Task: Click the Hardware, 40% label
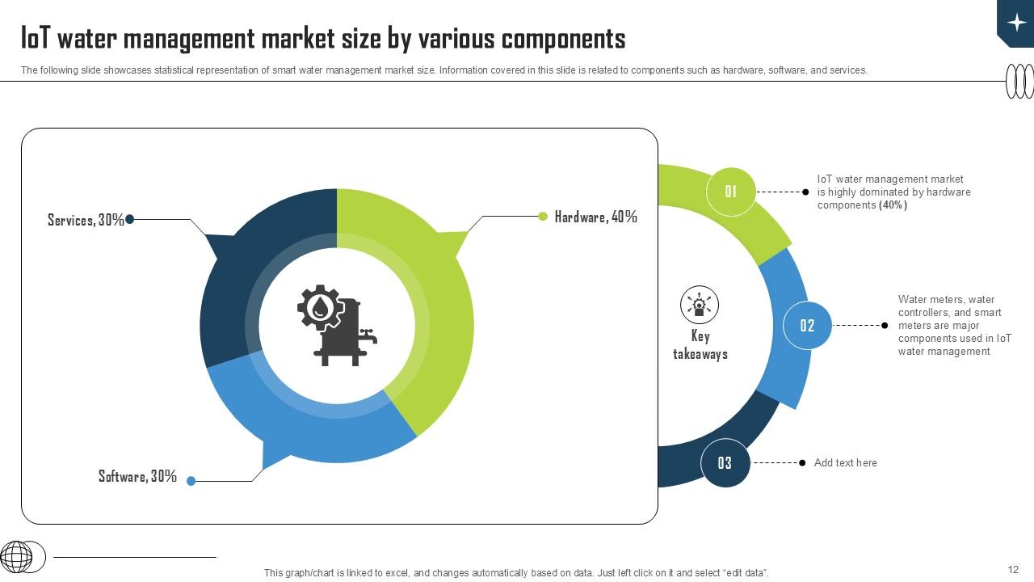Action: click(x=595, y=217)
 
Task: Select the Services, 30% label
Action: click(x=86, y=220)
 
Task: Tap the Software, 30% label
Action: click(x=137, y=476)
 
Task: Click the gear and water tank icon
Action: click(x=336, y=325)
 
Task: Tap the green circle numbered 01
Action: click(x=730, y=192)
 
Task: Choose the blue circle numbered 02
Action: click(x=807, y=326)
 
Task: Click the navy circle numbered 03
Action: click(x=725, y=463)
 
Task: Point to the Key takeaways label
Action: click(x=700, y=345)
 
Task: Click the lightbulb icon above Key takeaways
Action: click(x=700, y=305)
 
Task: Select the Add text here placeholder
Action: click(x=845, y=463)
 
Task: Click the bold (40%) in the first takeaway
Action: click(x=893, y=205)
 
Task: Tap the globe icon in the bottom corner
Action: click(x=17, y=557)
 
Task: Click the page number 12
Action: click(x=1013, y=570)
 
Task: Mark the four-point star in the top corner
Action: click(x=1016, y=22)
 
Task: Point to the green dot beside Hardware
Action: click(x=543, y=216)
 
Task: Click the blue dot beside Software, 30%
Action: click(x=191, y=481)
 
